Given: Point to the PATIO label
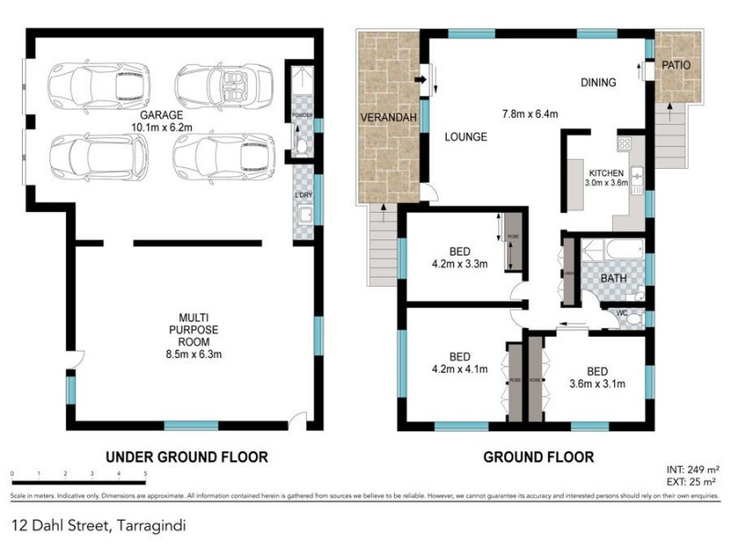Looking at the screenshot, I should (x=676, y=67).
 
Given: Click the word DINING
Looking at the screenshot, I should (x=599, y=82).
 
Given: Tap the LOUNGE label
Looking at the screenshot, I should (x=466, y=138).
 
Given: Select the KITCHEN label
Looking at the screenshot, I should (x=606, y=173).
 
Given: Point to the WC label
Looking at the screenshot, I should (x=621, y=313).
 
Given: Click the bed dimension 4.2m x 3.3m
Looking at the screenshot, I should (x=459, y=265).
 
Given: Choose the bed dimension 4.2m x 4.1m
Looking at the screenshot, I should (x=459, y=370).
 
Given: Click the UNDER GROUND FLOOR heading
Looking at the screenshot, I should (x=186, y=457).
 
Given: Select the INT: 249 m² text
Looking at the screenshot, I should (x=690, y=469).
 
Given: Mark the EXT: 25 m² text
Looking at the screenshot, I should (x=692, y=481).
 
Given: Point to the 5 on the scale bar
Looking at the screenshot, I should (x=146, y=473).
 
